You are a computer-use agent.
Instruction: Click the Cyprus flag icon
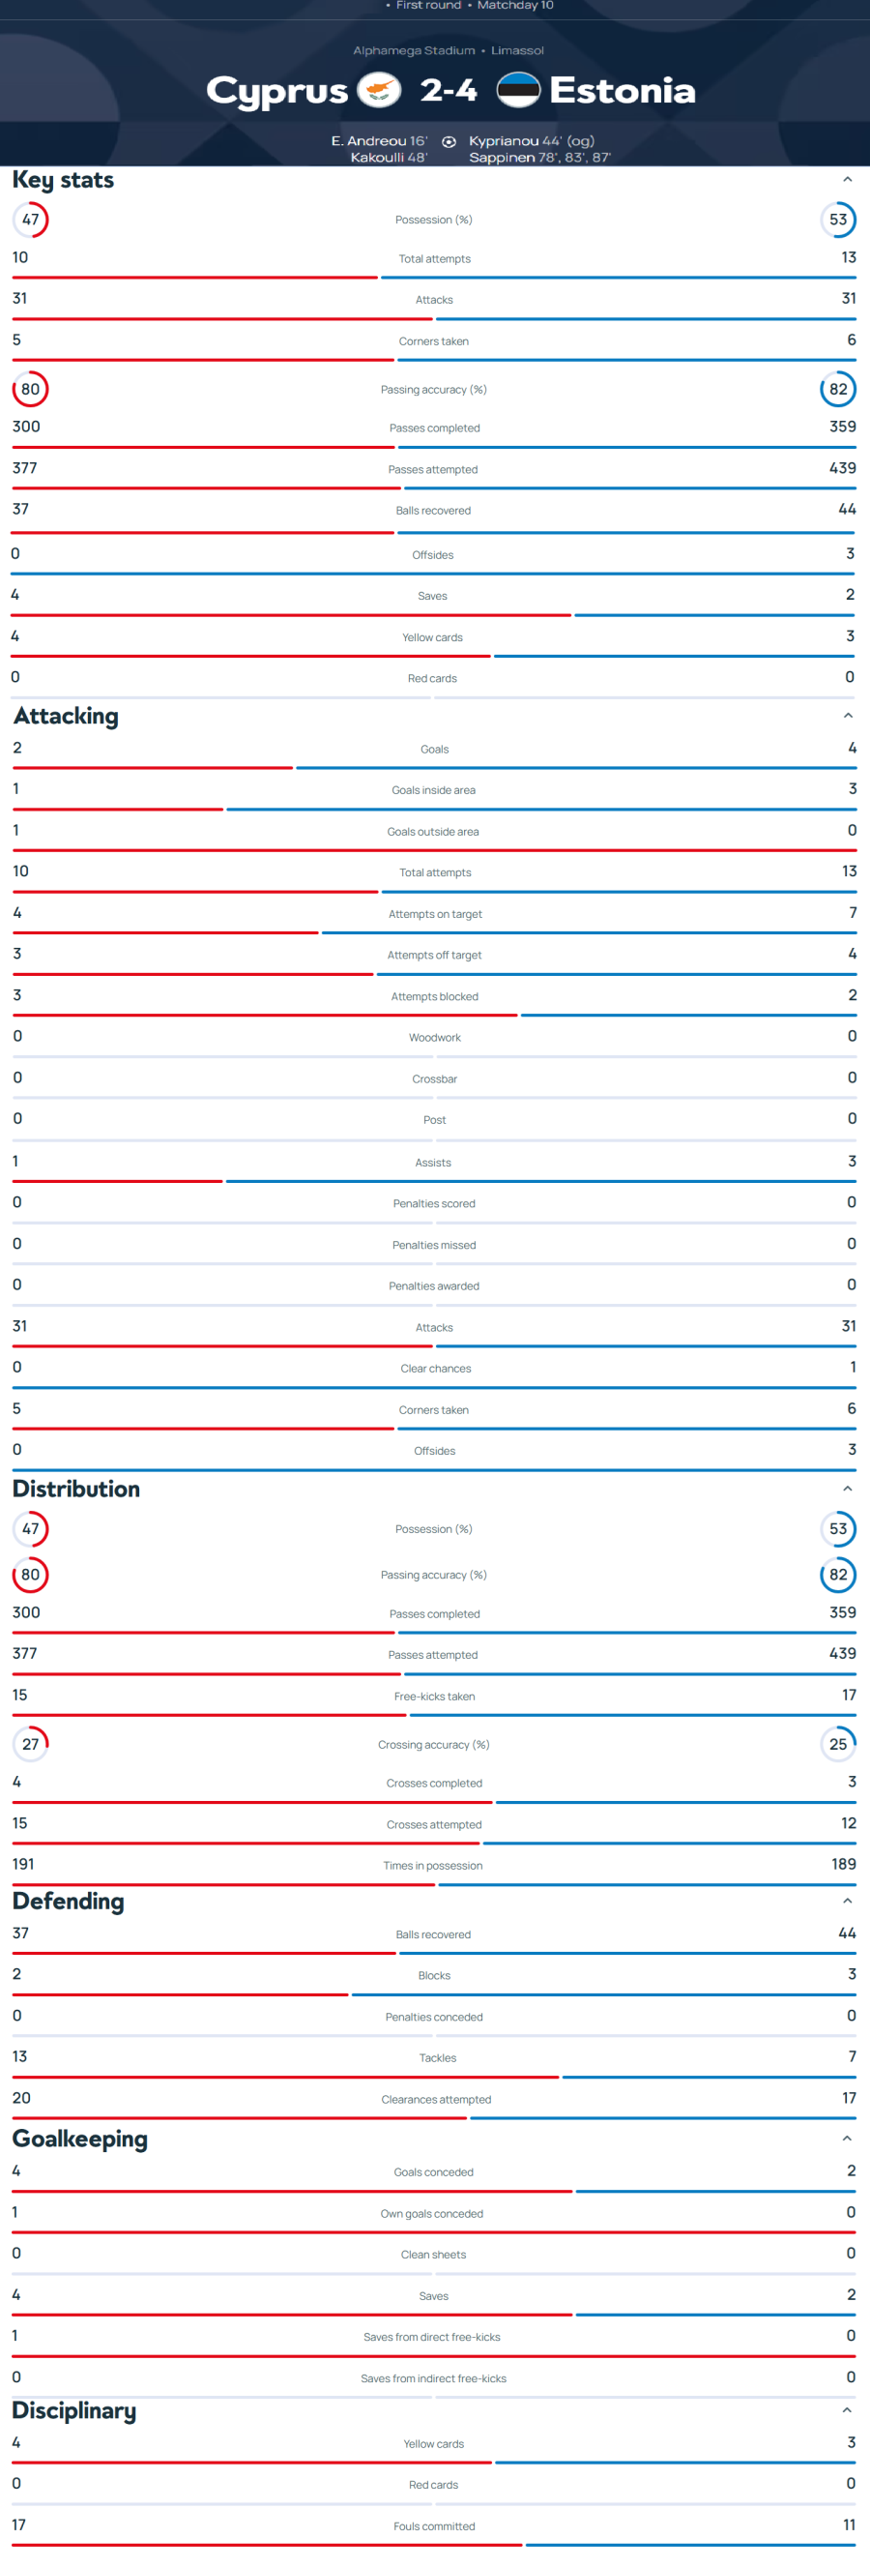pyautogui.click(x=379, y=90)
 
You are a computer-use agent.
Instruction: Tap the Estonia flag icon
pyautogui.click(x=518, y=90)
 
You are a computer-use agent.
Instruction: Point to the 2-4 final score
pyautogui.click(x=449, y=91)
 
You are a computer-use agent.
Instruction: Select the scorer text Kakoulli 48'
pyautogui.click(x=389, y=158)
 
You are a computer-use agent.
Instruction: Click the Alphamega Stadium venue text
pyautogui.click(x=414, y=50)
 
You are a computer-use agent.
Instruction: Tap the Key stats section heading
pyautogui.click(x=63, y=180)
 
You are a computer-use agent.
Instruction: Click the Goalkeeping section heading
pyautogui.click(x=79, y=2139)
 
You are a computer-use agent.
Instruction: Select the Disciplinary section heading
pyautogui.click(x=73, y=2410)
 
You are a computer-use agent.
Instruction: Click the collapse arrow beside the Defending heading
pyautogui.click(x=847, y=1901)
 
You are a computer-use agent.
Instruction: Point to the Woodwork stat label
pyautogui.click(x=434, y=1038)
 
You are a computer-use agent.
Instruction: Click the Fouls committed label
pyautogui.click(x=433, y=2526)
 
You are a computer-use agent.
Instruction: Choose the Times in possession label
pyautogui.click(x=432, y=1865)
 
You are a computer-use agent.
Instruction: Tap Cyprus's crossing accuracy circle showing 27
pyautogui.click(x=31, y=1744)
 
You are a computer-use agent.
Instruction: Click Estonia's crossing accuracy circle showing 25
pyautogui.click(x=838, y=1744)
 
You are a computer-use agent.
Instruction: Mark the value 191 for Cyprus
pyautogui.click(x=23, y=1864)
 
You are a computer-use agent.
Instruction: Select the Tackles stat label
pyautogui.click(x=438, y=2057)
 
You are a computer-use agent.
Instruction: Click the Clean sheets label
pyautogui.click(x=433, y=2254)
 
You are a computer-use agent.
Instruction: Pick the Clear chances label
pyautogui.click(x=436, y=1369)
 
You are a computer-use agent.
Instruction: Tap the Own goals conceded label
pyautogui.click(x=431, y=2213)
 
